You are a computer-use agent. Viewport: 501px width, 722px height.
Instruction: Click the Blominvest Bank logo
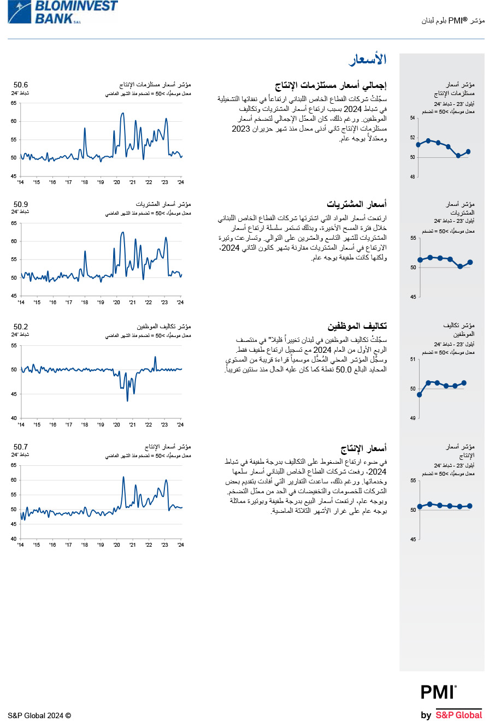point(63,12)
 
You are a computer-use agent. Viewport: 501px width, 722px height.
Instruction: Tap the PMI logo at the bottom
point(438,693)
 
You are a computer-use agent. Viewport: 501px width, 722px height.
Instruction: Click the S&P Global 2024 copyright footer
point(39,715)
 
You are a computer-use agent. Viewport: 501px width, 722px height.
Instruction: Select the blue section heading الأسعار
point(367,60)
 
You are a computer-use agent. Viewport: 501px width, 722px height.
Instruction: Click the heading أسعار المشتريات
point(357,205)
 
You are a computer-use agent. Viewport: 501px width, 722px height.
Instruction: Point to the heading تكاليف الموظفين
point(357,327)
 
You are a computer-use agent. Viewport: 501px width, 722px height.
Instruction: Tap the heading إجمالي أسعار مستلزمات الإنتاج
point(331,86)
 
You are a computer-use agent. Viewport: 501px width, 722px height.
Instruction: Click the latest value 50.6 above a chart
point(21,85)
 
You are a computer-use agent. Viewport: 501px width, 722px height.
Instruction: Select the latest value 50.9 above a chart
point(21,205)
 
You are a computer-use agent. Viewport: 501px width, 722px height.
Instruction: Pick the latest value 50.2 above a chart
point(21,327)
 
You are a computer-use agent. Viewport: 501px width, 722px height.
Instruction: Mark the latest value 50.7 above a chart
point(21,447)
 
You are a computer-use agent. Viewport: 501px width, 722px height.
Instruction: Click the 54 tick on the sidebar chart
point(412,118)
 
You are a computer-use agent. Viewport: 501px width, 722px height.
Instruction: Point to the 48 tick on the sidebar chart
point(412,177)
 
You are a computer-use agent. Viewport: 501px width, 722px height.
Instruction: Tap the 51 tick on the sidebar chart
point(412,359)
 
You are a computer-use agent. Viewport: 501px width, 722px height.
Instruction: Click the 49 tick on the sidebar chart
point(412,418)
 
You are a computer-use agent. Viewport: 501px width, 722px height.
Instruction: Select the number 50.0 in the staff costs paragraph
point(344,370)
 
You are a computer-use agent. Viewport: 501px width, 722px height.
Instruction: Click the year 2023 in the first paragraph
point(241,129)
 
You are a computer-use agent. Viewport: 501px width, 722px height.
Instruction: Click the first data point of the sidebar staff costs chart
point(420,394)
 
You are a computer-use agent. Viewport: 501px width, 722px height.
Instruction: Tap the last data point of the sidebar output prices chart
point(470,506)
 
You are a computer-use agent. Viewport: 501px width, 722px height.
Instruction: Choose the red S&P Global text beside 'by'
point(459,715)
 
